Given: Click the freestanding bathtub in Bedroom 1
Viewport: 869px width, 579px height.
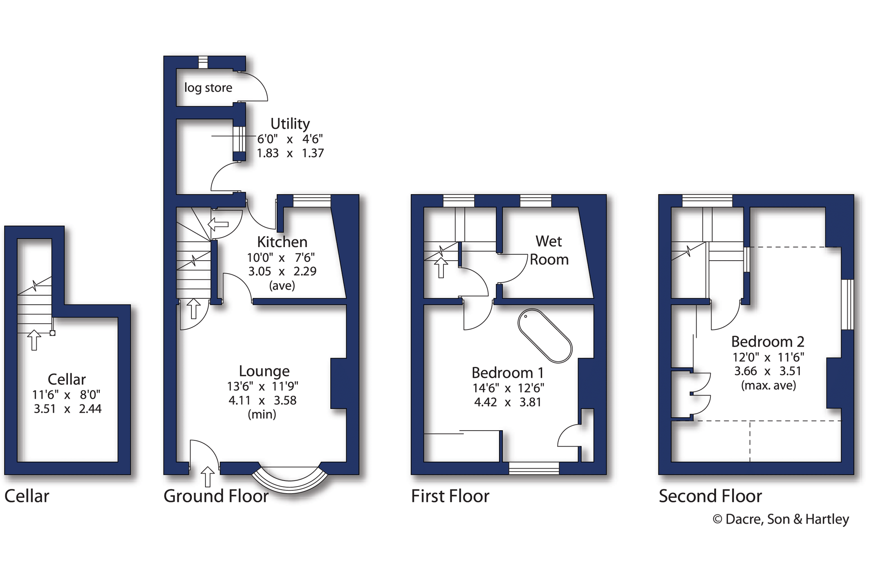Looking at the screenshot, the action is [545, 336].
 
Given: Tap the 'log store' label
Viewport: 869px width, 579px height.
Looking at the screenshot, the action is [208, 88].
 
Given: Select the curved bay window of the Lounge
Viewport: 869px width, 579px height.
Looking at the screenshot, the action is [290, 481].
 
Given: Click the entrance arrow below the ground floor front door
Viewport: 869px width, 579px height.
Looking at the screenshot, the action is [208, 476].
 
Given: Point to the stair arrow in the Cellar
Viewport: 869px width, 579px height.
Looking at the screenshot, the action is [34, 340].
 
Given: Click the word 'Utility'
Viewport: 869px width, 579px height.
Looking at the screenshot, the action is [290, 123].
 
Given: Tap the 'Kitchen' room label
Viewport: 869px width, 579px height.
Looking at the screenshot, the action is [282, 242].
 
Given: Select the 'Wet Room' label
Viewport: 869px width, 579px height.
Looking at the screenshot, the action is [549, 250].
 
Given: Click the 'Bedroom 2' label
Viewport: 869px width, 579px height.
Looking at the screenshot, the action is [768, 341].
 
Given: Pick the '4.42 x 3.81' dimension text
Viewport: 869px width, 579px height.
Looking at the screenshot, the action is [507, 402].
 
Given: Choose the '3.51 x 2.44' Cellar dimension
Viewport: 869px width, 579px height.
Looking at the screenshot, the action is [67, 409].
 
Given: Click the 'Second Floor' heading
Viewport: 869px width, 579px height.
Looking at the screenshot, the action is [710, 496].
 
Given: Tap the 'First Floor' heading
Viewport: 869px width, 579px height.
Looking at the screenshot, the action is [450, 496].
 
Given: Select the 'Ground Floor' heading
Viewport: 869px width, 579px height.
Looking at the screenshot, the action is [216, 496].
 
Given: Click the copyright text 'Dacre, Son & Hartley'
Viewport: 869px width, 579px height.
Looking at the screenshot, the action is [787, 519].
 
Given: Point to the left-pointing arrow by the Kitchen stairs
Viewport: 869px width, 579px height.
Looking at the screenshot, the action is [218, 224].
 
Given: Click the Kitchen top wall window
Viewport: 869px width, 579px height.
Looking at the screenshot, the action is [312, 201].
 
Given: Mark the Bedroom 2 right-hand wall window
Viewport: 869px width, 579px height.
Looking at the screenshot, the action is [848, 304].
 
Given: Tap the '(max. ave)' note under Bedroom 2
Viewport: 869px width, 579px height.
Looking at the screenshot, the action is [768, 385].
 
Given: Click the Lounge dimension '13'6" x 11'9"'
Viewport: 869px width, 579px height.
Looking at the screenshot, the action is [263, 386].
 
